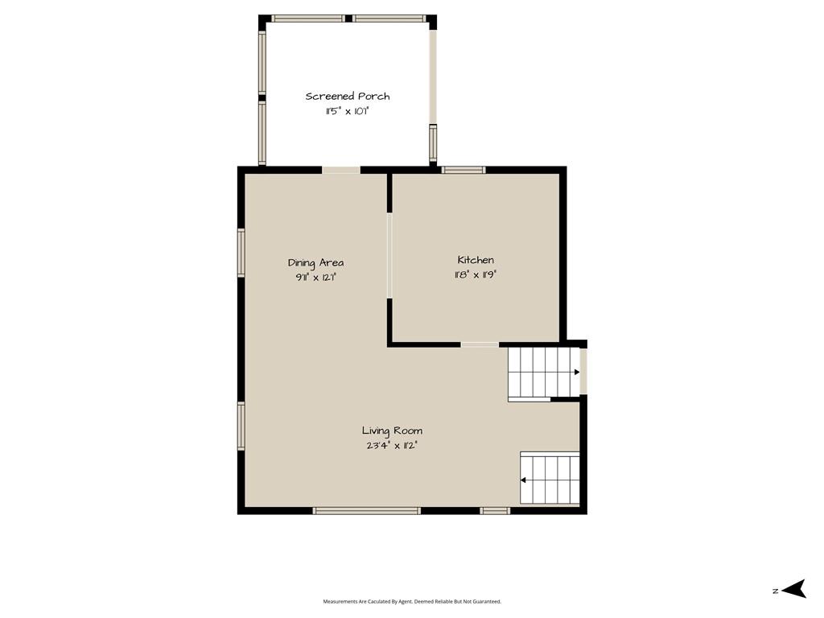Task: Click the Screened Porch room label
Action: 348,97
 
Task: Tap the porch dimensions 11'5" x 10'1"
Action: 348,111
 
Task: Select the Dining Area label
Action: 315,263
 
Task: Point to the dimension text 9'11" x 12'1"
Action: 315,278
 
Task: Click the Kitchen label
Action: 476,260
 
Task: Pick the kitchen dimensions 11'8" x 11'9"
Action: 476,274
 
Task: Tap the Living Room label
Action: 392,431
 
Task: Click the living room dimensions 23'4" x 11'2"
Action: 392,446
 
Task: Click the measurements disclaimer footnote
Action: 412,601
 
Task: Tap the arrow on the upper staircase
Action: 576,372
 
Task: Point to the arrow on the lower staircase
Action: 523,480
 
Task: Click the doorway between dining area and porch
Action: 341,170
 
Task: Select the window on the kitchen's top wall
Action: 463,170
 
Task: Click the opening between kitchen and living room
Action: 480,344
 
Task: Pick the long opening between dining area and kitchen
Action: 389,255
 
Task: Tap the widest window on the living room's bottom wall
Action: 367,510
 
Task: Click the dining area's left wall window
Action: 241,253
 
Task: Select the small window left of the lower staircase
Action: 495,510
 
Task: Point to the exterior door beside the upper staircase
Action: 583,371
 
